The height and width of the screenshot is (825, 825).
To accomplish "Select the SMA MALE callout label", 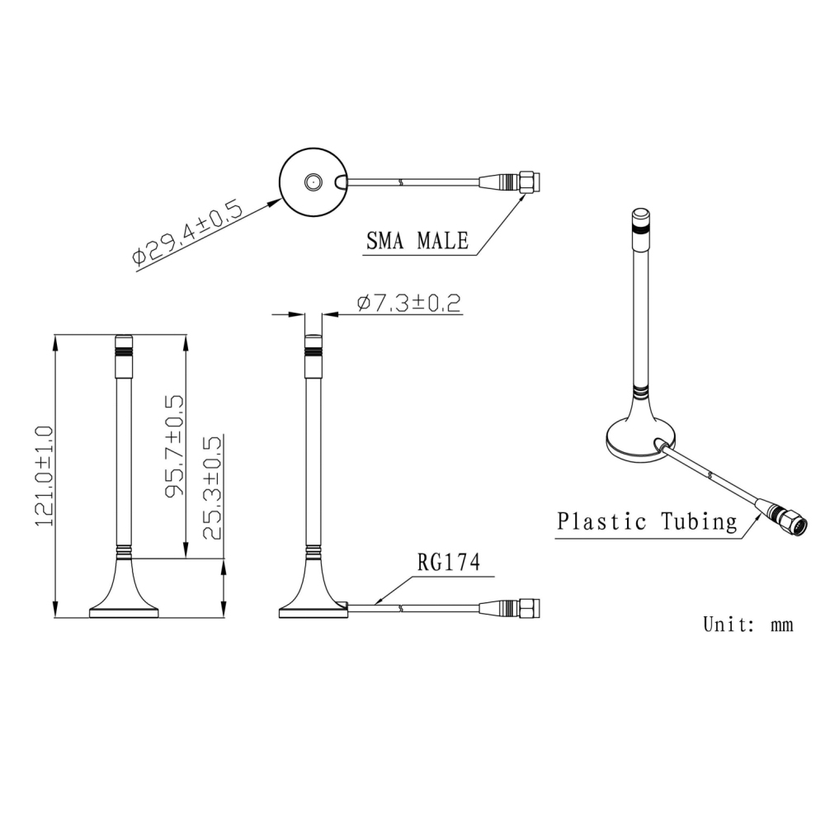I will [417, 241].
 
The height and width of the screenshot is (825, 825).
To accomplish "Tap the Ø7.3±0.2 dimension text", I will [409, 304].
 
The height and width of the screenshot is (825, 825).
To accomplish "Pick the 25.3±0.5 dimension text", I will [212, 488].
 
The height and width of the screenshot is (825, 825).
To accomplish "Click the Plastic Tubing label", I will [647, 521].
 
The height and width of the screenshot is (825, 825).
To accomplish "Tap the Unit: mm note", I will [747, 625].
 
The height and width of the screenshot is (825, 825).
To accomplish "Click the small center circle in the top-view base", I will [313, 181].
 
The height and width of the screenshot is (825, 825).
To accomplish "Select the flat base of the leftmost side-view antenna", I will [124, 611].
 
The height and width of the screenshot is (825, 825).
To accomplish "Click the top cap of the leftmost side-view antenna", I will [124, 342].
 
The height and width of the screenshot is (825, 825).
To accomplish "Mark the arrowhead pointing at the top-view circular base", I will [276, 197].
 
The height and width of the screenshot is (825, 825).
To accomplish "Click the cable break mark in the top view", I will [401, 181].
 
